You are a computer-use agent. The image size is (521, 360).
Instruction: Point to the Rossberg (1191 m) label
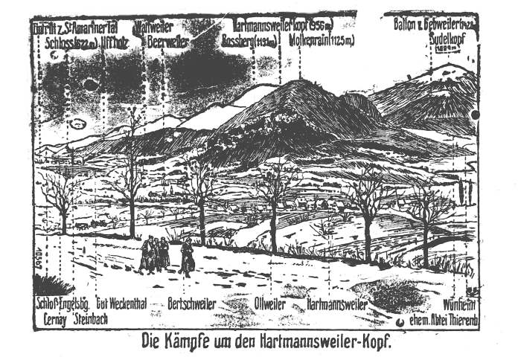coord(249,41)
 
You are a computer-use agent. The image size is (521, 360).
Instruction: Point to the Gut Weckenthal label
coord(118,305)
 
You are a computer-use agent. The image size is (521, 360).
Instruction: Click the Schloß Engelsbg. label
coord(63,305)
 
